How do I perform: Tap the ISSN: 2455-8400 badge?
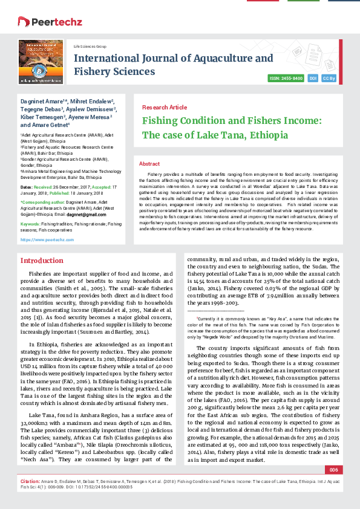tap(286, 79)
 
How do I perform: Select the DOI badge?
tap(313, 79)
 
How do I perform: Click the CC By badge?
tap(329, 79)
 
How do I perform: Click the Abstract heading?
tap(149, 164)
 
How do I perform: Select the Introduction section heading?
tap(42, 261)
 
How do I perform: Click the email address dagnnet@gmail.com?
tap(82, 215)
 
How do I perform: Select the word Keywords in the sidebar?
tap(31, 224)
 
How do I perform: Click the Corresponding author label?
tap(45, 200)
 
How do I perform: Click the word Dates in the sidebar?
tap(27, 188)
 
